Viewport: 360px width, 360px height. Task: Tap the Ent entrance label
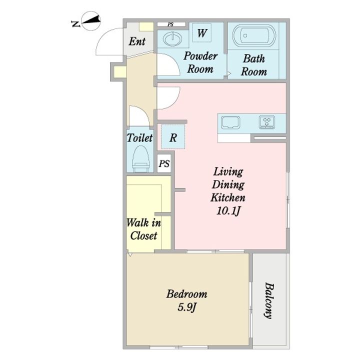(x=137, y=41)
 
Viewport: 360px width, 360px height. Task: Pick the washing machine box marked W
(x=202, y=33)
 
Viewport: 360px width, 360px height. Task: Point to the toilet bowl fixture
(x=141, y=159)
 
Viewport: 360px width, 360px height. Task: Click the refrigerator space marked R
(x=173, y=137)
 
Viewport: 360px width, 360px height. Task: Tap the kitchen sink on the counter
(x=230, y=122)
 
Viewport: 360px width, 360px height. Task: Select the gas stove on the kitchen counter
(x=267, y=122)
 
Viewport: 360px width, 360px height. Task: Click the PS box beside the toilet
(x=164, y=163)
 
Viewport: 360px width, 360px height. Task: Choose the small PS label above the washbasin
(x=170, y=24)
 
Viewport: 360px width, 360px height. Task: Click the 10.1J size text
(x=228, y=211)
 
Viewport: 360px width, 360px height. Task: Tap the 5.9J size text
(x=187, y=307)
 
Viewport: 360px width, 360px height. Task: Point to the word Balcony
(x=269, y=300)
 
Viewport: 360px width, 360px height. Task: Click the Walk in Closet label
(x=143, y=229)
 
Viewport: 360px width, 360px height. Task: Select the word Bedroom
(x=186, y=294)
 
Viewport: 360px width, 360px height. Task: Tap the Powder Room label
(x=200, y=62)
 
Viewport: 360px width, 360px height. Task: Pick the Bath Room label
(x=254, y=65)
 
